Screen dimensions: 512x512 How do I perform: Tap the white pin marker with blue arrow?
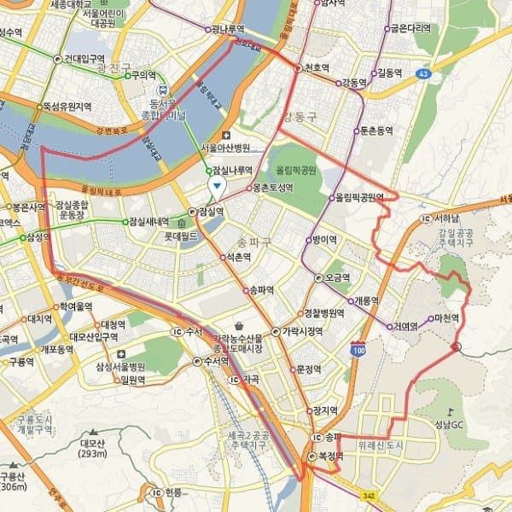coord(218,185)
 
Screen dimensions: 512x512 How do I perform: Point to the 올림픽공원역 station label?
coord(359,198)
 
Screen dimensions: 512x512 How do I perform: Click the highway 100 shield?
coord(358,349)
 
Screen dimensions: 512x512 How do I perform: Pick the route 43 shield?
coord(423,75)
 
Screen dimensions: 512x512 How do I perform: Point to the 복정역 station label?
coord(329,457)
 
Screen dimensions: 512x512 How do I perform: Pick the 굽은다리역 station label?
coord(410,28)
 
